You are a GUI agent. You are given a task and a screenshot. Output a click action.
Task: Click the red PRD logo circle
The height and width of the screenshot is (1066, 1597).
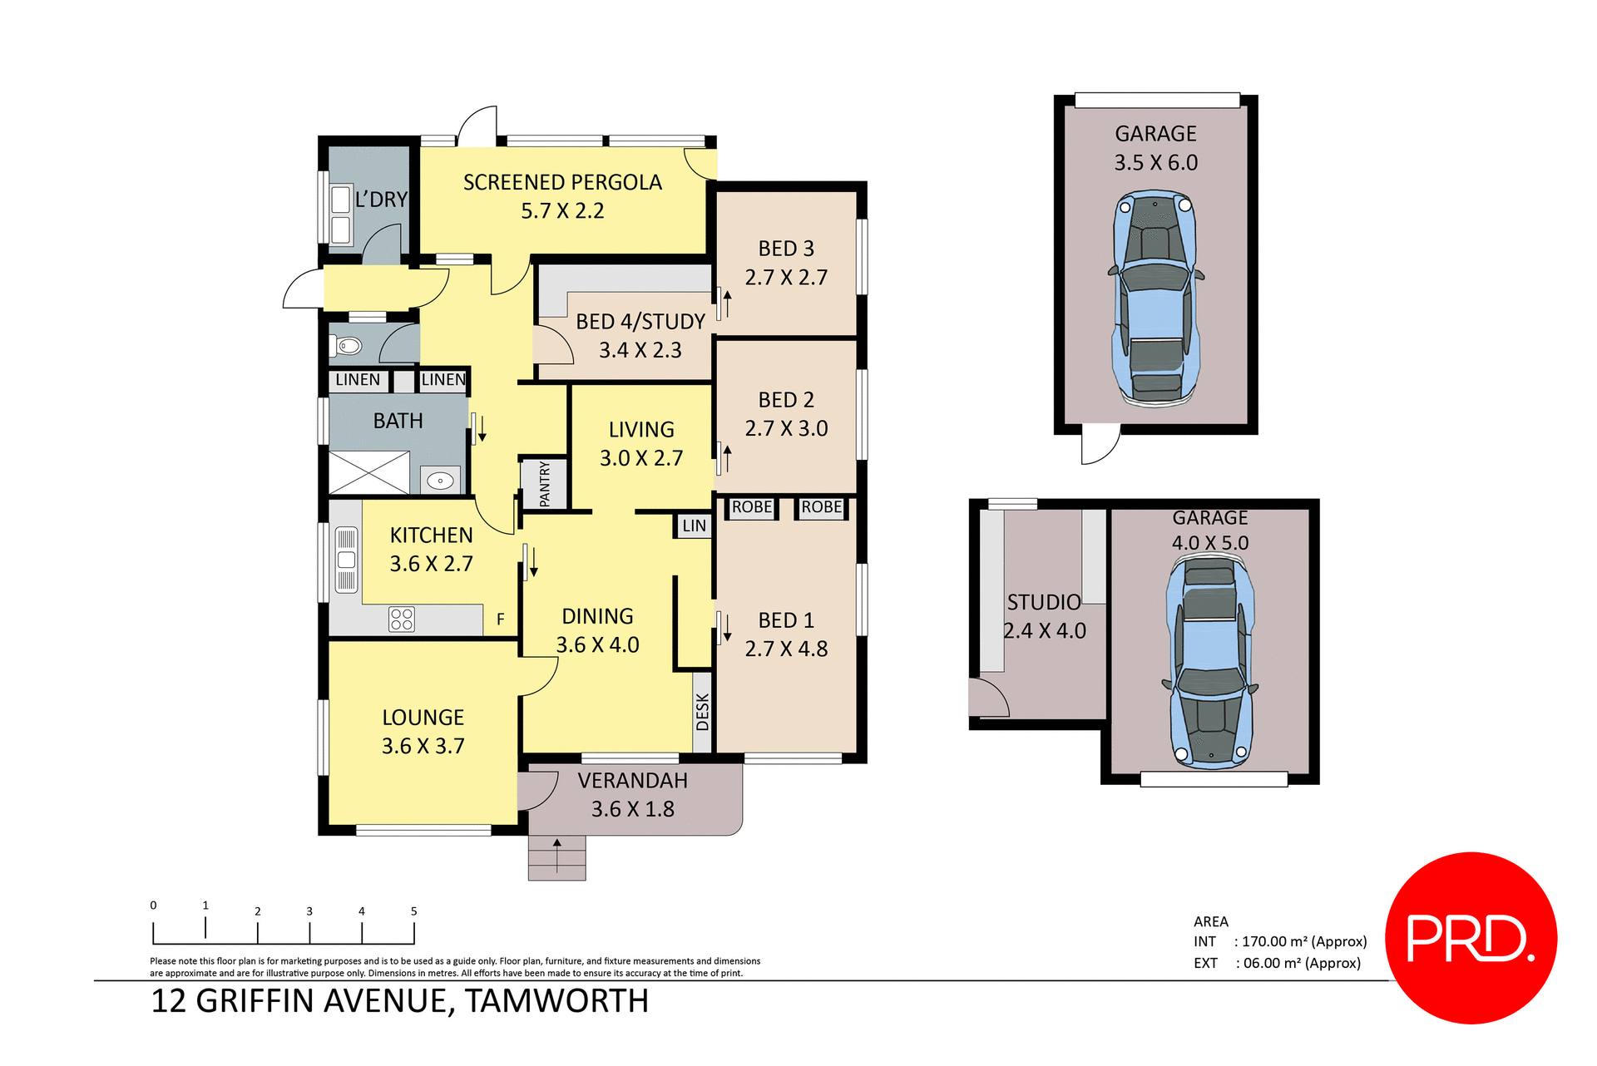coord(1471,937)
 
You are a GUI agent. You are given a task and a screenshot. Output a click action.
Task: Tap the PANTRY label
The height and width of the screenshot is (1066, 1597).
coord(545,484)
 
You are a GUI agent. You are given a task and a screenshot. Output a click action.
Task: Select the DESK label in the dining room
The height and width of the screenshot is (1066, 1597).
coord(703,712)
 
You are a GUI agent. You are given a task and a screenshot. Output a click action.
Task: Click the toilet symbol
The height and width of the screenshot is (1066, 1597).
coord(348,345)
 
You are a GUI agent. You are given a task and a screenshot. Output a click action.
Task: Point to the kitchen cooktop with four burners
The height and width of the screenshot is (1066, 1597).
coord(402,619)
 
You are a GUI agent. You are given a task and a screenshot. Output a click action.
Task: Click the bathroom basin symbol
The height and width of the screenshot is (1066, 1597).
coord(440,481)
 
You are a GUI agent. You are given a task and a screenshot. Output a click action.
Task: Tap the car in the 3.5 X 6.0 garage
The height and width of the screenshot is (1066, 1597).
coord(1155,299)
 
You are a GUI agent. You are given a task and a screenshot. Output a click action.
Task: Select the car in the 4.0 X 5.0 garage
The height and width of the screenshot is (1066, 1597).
coord(1210,662)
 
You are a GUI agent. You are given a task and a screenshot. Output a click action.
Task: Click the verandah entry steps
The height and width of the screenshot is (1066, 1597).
coord(556,857)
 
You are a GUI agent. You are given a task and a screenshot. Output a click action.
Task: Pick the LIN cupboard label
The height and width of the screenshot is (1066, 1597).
coord(694,526)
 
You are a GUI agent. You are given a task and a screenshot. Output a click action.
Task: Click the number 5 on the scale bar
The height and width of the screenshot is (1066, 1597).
coord(413,911)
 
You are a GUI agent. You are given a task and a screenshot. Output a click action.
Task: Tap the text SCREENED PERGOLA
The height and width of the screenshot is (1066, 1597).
coord(562,182)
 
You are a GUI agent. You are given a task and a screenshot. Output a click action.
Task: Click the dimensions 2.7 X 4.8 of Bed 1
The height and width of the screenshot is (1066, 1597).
coord(786,649)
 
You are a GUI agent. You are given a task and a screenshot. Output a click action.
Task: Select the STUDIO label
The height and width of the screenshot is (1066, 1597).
coord(1044,602)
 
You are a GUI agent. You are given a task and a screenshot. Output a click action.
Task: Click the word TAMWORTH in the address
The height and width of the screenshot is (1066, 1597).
coord(556,1001)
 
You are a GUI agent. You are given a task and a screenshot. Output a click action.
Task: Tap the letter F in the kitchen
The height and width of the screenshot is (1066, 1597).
coord(500,619)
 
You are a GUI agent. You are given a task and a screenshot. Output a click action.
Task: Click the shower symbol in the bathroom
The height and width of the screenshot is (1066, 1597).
coord(369,473)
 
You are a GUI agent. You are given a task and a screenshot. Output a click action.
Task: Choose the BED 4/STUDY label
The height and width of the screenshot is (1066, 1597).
coord(640,322)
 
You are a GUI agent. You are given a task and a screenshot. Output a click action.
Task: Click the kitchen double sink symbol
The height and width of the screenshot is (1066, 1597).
coord(346,560)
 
